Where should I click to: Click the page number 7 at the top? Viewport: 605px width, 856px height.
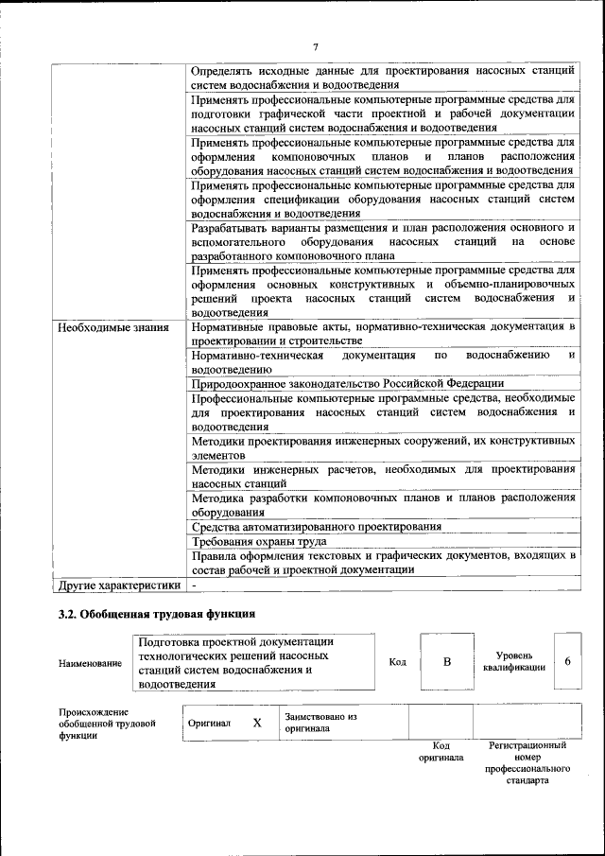click(316, 46)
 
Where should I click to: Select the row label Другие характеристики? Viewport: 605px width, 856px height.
click(118, 585)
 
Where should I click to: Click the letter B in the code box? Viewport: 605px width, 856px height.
click(447, 661)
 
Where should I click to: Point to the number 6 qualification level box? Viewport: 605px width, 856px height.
click(567, 661)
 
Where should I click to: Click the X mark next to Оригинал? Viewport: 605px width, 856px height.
click(257, 723)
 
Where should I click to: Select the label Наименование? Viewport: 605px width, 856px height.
click(90, 663)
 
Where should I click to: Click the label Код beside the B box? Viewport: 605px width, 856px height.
click(397, 662)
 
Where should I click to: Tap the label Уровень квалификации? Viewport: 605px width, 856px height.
click(513, 661)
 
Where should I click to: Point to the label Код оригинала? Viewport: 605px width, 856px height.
click(441, 752)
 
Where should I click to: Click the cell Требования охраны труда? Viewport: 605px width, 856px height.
click(259, 542)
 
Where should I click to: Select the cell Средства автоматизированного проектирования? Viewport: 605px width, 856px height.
click(316, 527)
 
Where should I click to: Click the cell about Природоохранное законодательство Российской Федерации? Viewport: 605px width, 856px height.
click(347, 384)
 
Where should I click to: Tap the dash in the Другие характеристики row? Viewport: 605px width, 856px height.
click(193, 585)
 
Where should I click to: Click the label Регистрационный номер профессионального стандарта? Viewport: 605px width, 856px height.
click(527, 763)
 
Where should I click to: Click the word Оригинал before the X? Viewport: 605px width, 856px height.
click(209, 723)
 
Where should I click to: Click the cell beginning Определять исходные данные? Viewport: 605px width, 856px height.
click(382, 77)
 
